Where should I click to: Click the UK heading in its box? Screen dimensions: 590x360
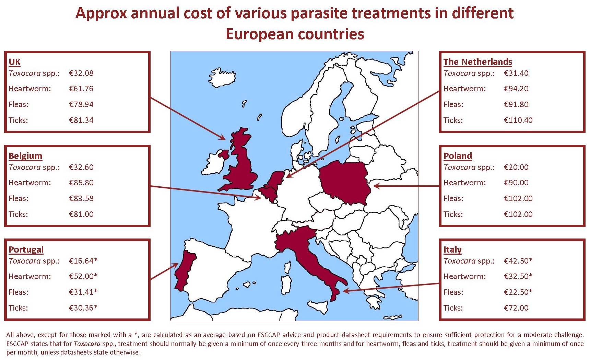tap(14, 62)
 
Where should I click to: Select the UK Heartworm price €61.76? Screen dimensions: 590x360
tap(81, 89)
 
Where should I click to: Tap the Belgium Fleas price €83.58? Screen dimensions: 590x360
tap(81, 198)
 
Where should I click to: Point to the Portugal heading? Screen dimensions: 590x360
tap(26, 249)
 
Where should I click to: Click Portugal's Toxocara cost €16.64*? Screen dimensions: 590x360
tap(83, 261)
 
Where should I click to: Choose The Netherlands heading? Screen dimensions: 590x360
tap(478, 62)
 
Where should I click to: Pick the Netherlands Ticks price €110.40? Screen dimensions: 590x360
tap(518, 120)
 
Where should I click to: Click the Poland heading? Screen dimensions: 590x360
tap(458, 156)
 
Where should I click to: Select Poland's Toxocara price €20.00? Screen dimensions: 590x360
tap(516, 167)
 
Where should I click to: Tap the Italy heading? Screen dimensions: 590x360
tap(452, 249)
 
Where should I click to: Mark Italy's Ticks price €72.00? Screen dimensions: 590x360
tap(516, 308)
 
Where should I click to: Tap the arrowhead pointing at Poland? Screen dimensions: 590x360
tap(377, 186)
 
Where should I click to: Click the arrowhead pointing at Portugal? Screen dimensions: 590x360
tap(175, 266)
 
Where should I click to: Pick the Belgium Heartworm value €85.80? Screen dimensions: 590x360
tap(81, 183)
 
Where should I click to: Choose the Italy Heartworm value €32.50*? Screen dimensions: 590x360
tap(518, 276)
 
